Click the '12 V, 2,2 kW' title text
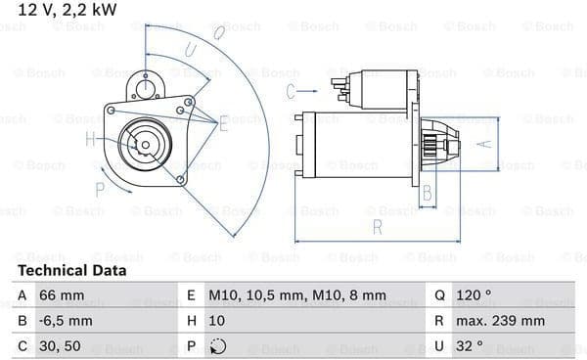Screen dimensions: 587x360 (x=67, y=10)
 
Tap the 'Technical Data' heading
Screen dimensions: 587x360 (x=71, y=270)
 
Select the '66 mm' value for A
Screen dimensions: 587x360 (x=62, y=295)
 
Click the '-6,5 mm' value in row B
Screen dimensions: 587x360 (x=66, y=321)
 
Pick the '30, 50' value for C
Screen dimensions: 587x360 (x=60, y=346)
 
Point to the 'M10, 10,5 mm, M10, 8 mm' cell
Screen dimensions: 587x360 (x=297, y=295)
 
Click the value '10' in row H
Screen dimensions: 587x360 (x=217, y=321)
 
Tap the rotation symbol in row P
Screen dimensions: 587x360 (x=218, y=346)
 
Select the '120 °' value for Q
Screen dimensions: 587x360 (x=474, y=295)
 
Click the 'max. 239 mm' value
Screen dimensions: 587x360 (x=500, y=321)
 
